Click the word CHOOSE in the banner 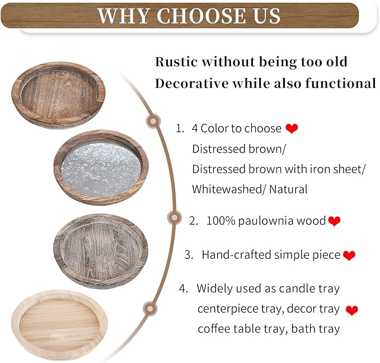pos(192,16)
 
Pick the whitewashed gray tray pos(101,250)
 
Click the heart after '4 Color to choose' pos(292,129)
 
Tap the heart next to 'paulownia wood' pos(334,221)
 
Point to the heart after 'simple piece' pos(349,255)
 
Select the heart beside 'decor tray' pos(352,309)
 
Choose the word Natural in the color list pos(288,189)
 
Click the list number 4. pos(183,288)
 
